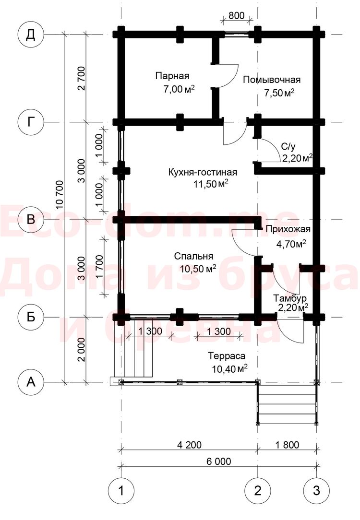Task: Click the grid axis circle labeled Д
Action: tap(31, 35)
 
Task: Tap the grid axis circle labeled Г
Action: tap(31, 122)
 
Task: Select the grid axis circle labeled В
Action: tap(31, 219)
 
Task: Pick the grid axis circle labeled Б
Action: tap(31, 317)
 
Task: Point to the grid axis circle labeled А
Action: tap(31, 382)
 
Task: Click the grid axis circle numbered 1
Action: tap(121, 490)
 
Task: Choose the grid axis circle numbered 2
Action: tap(258, 490)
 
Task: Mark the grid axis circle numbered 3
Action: tap(316, 490)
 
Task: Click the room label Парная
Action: tap(172, 76)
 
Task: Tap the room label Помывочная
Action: tap(272, 80)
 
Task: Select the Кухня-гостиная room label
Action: tap(203, 172)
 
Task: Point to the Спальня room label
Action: tap(193, 256)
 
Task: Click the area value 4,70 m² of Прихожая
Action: tap(291, 244)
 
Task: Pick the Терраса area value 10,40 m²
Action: tap(229, 368)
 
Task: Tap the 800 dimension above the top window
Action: tap(237, 15)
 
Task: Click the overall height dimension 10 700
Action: tap(60, 195)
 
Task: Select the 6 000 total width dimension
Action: tap(219, 461)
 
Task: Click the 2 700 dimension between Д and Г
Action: tap(81, 78)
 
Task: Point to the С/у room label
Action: tap(288, 146)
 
